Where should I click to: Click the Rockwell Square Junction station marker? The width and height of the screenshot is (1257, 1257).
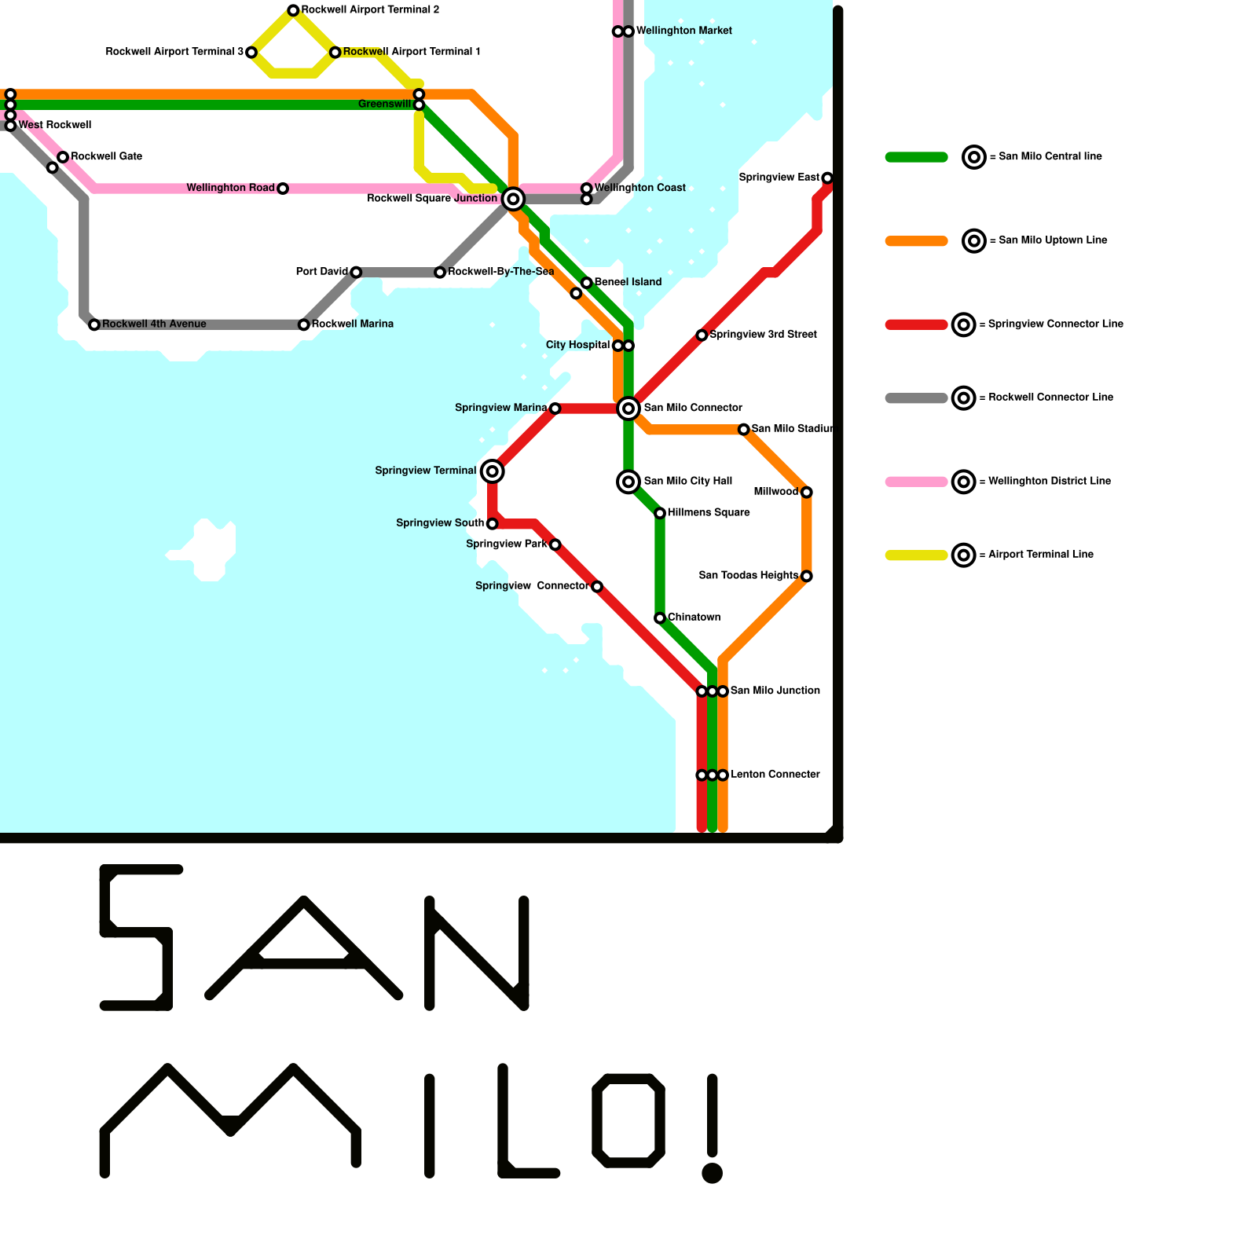[513, 199]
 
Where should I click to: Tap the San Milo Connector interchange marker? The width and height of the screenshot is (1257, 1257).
[628, 408]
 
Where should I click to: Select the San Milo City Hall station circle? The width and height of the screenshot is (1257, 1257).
[628, 481]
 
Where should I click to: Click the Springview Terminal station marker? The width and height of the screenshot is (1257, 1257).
[492, 471]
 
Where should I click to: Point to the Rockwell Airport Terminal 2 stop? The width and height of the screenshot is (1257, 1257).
[293, 10]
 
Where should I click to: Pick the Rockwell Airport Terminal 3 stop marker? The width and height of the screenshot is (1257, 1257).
[251, 53]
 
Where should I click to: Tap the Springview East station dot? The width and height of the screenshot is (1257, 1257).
[827, 178]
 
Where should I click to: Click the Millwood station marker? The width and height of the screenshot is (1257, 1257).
[806, 493]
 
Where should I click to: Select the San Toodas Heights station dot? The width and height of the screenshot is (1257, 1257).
[806, 577]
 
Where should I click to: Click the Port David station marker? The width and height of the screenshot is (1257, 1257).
[356, 273]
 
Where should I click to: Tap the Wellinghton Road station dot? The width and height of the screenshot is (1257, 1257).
[283, 189]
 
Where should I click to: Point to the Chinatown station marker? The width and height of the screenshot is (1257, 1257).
[660, 618]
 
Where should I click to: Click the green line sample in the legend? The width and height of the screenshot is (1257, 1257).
[916, 157]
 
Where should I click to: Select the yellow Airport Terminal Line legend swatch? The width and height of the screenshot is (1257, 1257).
[916, 555]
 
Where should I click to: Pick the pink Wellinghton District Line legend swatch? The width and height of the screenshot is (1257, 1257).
[916, 482]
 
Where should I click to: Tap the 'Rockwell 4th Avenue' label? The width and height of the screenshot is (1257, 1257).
[154, 324]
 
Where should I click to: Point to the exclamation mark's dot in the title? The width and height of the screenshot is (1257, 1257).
[712, 1173]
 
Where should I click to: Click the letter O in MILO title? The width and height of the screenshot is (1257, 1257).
[628, 1120]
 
